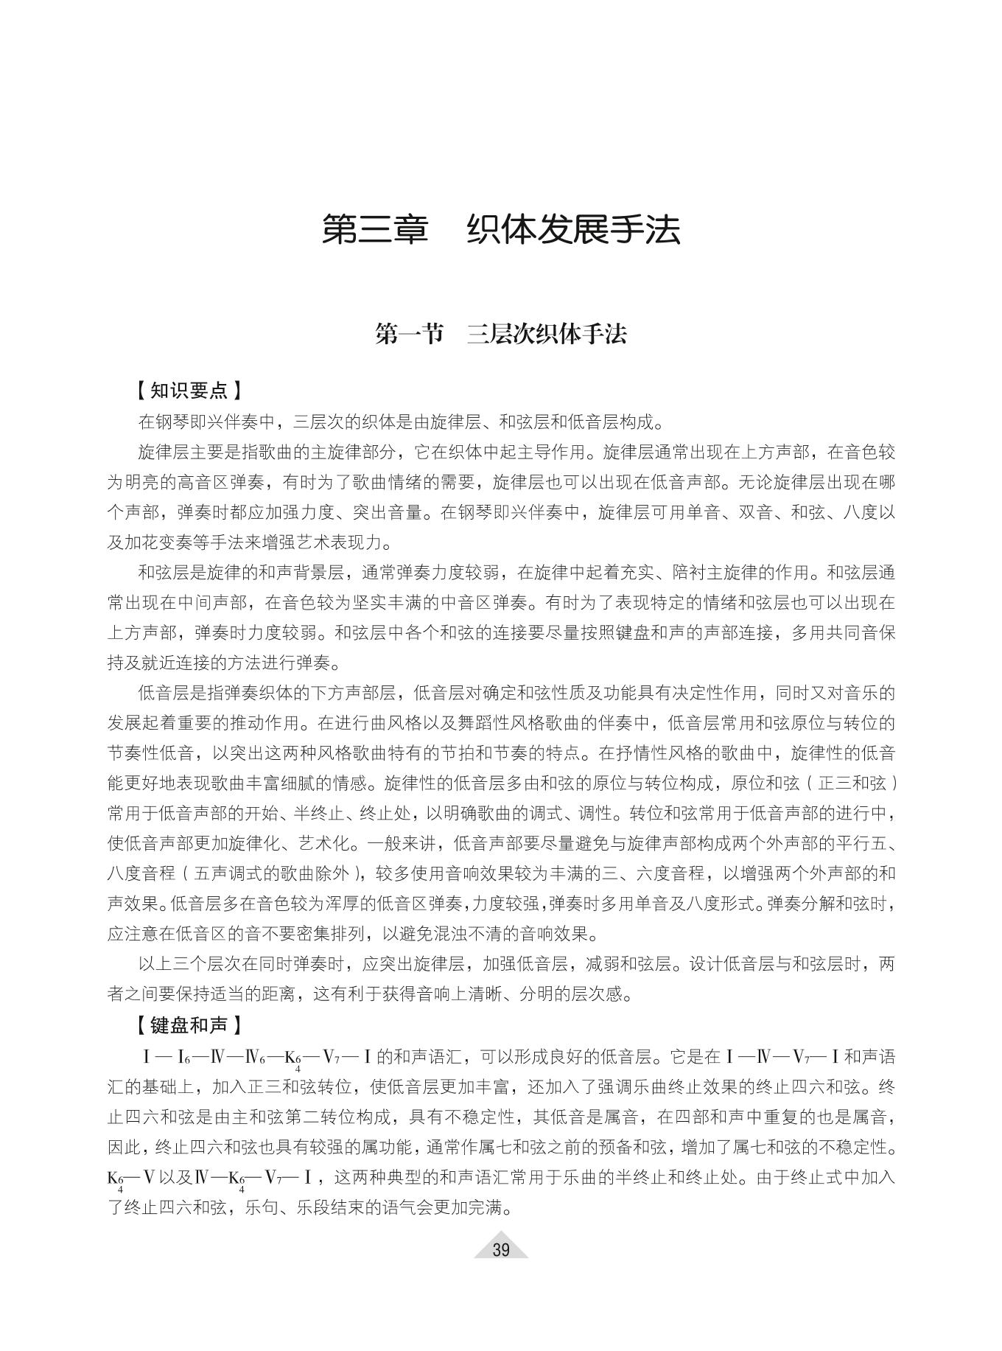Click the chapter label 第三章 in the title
click(x=375, y=229)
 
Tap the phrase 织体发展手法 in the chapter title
click(x=574, y=229)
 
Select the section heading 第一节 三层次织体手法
click(x=500, y=334)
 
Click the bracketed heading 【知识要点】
click(x=189, y=390)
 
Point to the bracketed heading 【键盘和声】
click(x=189, y=1025)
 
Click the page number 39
click(x=501, y=1249)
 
